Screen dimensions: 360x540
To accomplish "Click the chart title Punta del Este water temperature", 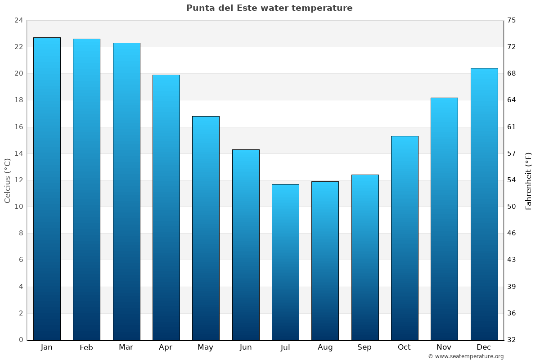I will (269, 8).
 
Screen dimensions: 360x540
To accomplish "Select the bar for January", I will (47, 189).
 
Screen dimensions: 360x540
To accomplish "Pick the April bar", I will (166, 207).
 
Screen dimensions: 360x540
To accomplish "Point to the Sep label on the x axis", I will (364, 347).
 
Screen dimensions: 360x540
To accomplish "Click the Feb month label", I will (86, 347).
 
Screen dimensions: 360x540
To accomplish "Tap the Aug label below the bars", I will (325, 347).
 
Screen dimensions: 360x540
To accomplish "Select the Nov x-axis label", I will (444, 347).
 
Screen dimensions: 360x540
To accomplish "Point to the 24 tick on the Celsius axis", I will (18, 20).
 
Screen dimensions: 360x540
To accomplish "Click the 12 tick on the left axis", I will (18, 180).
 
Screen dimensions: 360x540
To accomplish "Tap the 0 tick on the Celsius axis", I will (21, 340).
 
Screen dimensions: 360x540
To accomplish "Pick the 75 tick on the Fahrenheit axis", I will (512, 20).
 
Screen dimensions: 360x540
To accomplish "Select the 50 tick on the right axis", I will (512, 207).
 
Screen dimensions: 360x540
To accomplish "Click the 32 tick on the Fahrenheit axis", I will (512, 340).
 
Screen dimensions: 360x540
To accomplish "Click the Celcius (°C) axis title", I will (7, 180).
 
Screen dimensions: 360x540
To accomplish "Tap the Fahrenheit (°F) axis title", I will (529, 180).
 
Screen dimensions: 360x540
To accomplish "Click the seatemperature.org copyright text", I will (466, 356).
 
